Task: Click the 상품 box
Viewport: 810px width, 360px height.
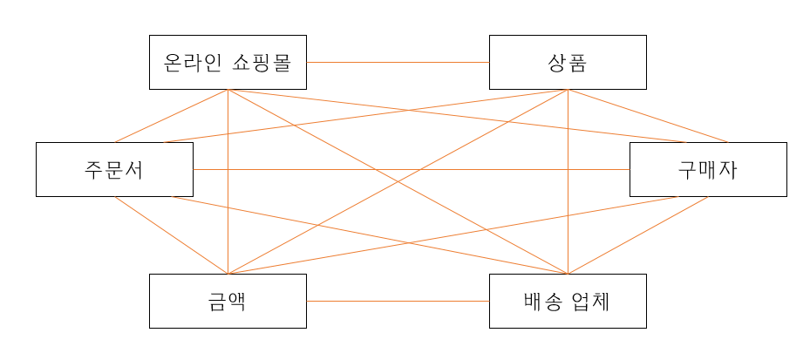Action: click(568, 62)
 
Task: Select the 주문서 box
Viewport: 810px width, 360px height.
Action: click(114, 169)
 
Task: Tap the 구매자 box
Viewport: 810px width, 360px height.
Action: click(707, 169)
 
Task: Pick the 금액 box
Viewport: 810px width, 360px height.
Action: click(228, 302)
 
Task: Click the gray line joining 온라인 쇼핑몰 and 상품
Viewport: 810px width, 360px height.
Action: click(398, 63)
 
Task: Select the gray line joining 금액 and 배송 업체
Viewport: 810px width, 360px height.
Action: click(398, 302)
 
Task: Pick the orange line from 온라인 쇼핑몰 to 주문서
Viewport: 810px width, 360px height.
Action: click(171, 115)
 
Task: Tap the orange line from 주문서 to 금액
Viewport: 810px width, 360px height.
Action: click(171, 235)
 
